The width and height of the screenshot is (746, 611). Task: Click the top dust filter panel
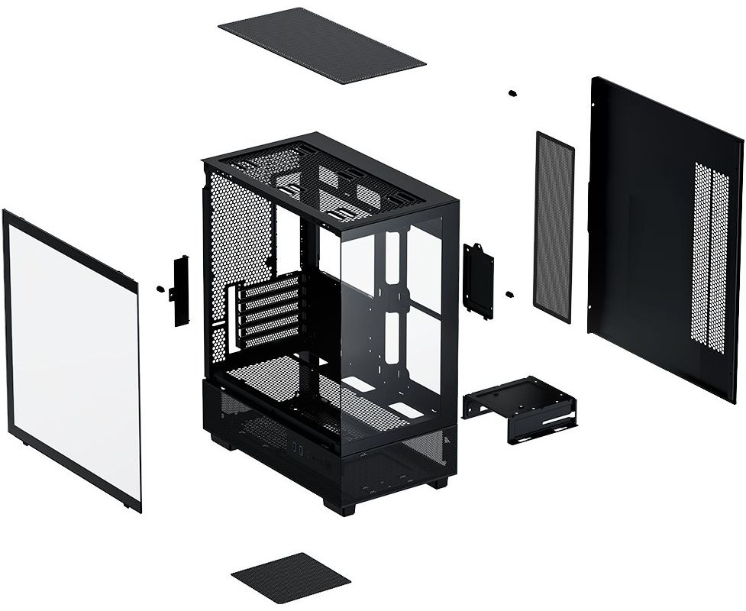click(x=321, y=45)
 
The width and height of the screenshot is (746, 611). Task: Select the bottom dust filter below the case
click(x=291, y=578)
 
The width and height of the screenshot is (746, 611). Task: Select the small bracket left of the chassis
click(x=181, y=290)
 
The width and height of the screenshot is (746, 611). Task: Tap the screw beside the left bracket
click(x=160, y=289)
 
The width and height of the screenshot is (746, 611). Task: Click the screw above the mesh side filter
click(x=512, y=93)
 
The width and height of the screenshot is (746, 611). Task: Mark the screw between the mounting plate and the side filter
click(x=509, y=294)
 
